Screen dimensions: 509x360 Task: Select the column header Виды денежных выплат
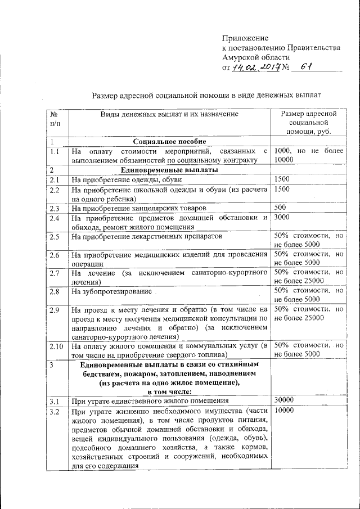169,114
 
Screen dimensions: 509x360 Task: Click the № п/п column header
55,118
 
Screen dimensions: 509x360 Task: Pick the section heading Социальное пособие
169,142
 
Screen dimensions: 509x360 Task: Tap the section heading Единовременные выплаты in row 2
169,170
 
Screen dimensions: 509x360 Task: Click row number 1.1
54,151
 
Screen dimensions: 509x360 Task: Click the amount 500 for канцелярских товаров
280,208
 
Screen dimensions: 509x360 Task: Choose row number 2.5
55,237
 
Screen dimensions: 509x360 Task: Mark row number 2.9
55,310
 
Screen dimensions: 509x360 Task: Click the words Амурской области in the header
256,58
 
